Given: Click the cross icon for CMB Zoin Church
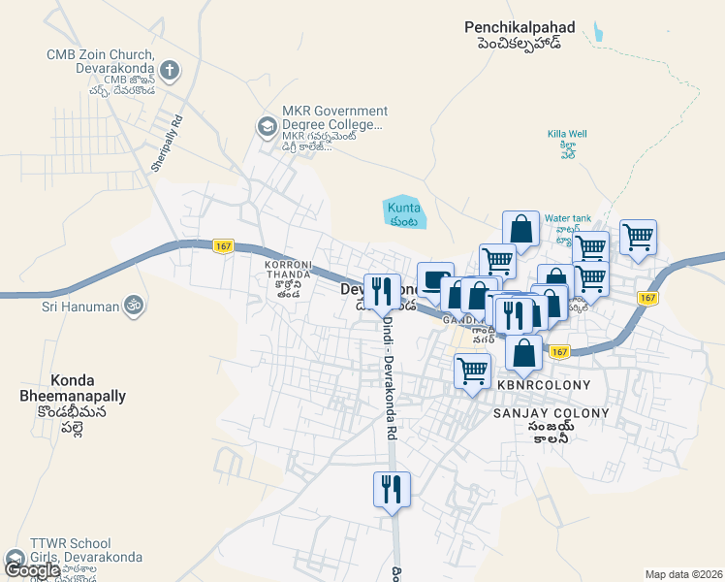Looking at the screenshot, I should coord(170,70).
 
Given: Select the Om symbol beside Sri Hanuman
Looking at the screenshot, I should coord(134,306).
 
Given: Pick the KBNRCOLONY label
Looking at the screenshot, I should coord(543,385).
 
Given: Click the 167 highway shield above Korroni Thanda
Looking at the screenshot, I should coord(223,247).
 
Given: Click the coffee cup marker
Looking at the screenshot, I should coord(435,278).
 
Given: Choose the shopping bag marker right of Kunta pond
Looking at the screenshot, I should coord(520,229).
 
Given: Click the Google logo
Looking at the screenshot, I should coord(31,570).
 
